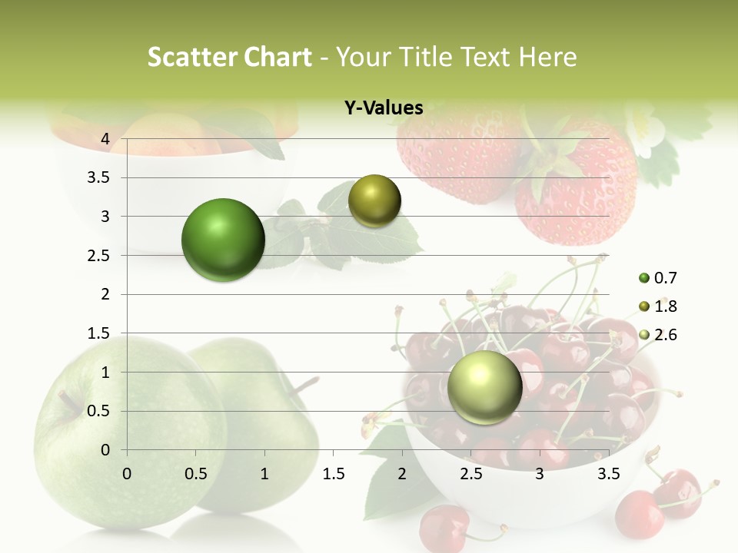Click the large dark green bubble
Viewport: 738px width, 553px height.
click(x=223, y=240)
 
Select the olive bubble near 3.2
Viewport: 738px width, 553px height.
click(x=374, y=201)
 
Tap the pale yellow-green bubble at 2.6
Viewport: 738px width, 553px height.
click(x=484, y=387)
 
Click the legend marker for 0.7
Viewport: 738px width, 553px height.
click(x=644, y=278)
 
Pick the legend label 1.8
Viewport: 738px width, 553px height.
click(x=666, y=306)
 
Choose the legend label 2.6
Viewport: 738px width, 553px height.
click(x=666, y=335)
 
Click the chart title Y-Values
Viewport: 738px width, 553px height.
click(x=384, y=108)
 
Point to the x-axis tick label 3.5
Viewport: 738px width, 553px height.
click(x=609, y=474)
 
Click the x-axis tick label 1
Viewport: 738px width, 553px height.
click(x=264, y=474)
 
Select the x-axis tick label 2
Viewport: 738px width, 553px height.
click(x=402, y=474)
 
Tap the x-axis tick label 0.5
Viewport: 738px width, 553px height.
click(x=195, y=474)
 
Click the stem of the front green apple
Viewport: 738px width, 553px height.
click(x=71, y=402)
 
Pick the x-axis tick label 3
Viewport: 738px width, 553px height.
click(x=540, y=474)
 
